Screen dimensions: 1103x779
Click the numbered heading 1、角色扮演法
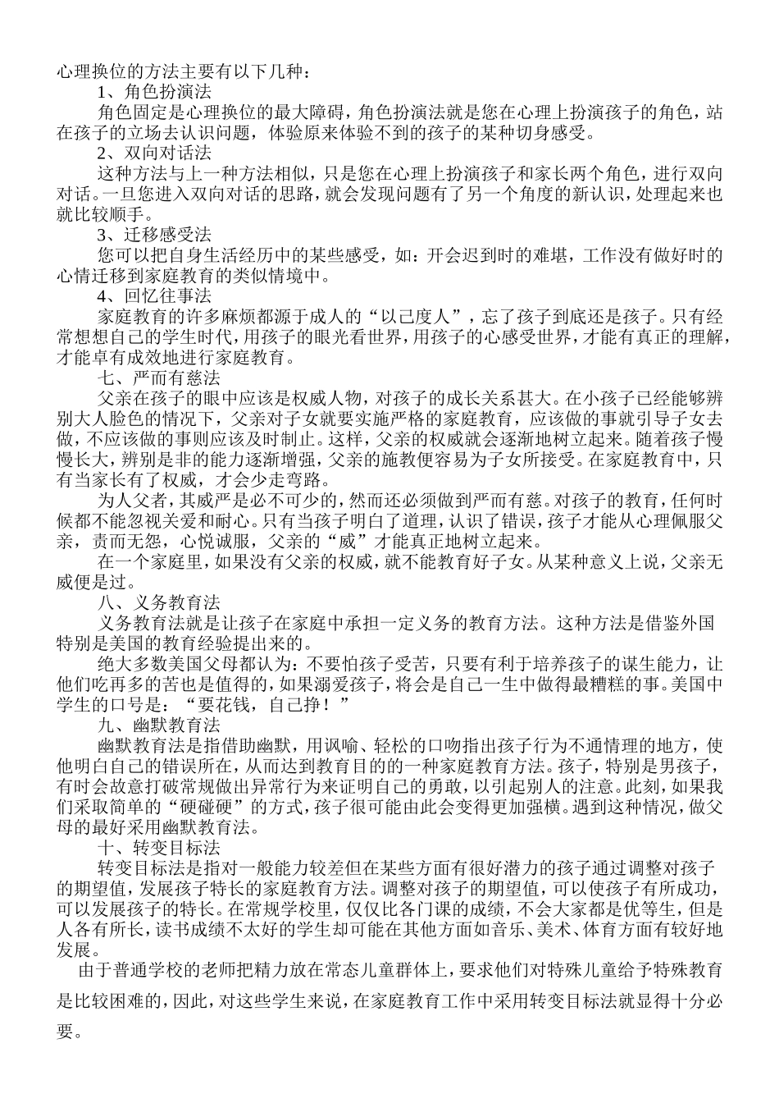[x=155, y=92]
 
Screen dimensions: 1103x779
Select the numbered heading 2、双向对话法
[x=155, y=153]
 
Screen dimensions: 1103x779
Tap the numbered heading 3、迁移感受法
[x=155, y=236]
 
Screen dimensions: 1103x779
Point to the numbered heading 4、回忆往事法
[x=155, y=295]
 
